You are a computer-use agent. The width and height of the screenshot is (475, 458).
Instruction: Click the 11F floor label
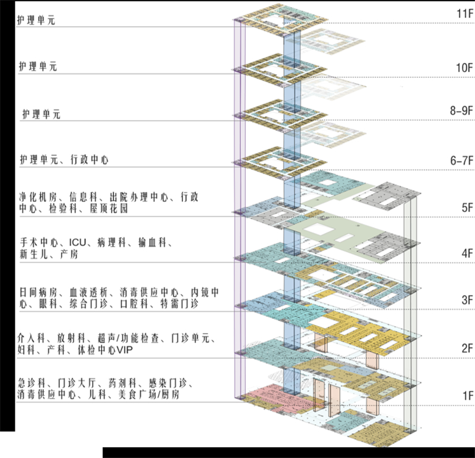point(465,14)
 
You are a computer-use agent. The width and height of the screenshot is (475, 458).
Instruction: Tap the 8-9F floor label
point(461,110)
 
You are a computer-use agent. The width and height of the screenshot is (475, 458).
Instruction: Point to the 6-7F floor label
point(462,160)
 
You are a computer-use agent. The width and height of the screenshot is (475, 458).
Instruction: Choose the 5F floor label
point(467,208)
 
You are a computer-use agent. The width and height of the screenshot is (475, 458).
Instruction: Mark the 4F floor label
point(467,253)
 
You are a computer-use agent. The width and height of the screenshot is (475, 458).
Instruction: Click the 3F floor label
point(467,300)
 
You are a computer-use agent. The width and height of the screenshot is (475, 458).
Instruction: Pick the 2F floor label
point(467,348)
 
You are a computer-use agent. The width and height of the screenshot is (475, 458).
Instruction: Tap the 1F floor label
point(468,396)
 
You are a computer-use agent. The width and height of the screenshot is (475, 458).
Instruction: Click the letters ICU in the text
point(78,242)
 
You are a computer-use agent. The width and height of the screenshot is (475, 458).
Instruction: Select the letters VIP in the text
point(125,350)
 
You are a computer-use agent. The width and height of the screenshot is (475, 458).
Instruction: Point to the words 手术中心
point(39,242)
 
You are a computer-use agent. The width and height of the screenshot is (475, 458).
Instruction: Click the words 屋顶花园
point(109,209)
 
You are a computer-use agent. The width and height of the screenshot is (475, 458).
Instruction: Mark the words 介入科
point(31,338)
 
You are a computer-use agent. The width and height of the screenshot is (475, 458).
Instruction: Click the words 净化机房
point(38,197)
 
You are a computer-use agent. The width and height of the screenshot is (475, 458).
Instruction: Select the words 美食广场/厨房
point(149,394)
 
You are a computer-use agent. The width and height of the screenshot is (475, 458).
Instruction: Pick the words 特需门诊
point(179,304)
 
